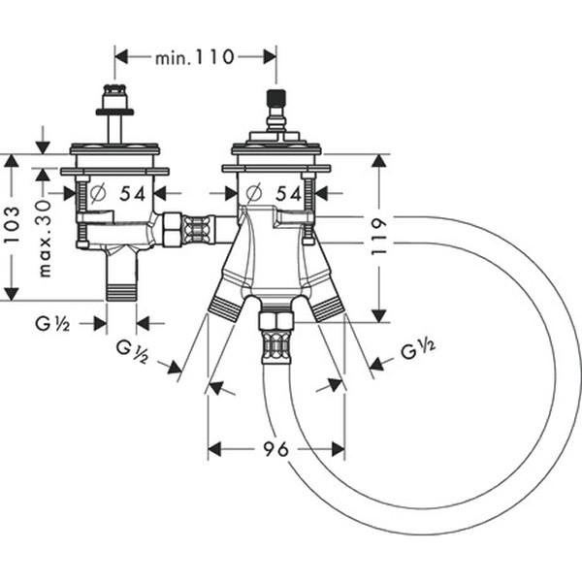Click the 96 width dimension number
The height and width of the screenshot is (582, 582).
coord(275,449)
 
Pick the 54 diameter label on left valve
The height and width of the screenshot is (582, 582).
coord(132,193)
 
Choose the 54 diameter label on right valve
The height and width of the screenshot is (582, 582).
coord(289,193)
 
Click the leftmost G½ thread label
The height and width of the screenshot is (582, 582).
coord(52,323)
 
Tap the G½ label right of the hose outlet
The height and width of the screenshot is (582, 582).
coord(417,349)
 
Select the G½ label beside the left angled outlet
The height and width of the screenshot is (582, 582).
coord(132,350)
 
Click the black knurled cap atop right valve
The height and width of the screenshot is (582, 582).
coord(275,102)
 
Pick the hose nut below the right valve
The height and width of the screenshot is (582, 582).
coord(275,319)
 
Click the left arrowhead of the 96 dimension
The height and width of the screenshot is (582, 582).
coord(215,449)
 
